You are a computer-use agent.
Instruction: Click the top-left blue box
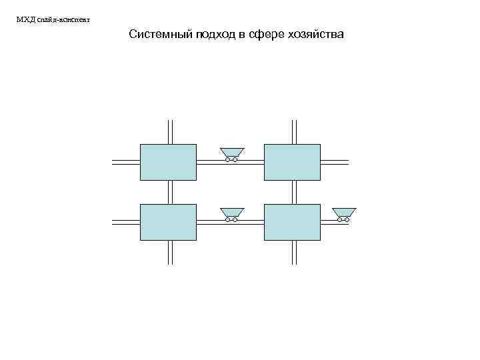tap(168, 162)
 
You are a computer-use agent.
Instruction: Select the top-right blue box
tap(293, 162)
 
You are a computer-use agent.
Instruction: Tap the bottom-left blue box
tap(168, 222)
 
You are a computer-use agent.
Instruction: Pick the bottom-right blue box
tap(293, 222)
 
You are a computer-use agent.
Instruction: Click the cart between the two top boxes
tap(232, 153)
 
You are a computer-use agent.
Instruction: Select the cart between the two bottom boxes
tap(232, 213)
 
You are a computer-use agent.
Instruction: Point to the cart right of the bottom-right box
tap(344, 213)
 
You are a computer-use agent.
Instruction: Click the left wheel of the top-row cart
tap(228, 160)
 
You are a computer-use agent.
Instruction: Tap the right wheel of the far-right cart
tap(348, 220)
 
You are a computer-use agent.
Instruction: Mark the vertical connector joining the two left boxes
tap(171, 192)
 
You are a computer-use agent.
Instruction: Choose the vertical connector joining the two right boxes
tap(295, 192)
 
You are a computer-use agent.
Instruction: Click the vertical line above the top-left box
tap(171, 131)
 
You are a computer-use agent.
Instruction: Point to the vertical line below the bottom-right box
tap(295, 252)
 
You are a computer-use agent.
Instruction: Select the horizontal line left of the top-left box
tap(125, 162)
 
